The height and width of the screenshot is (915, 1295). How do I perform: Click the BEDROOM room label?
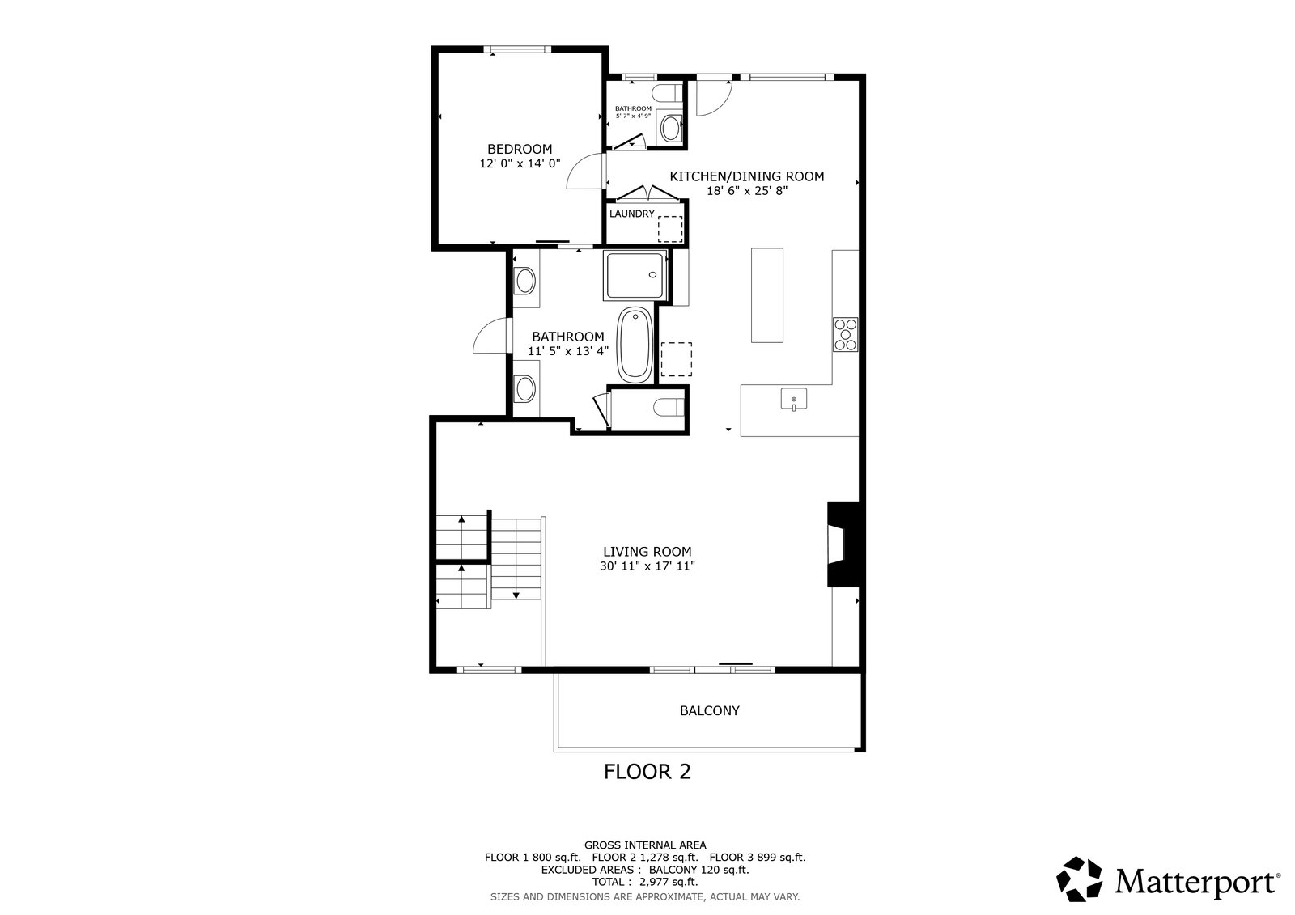tap(519, 149)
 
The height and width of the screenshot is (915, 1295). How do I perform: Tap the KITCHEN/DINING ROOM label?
tap(747, 176)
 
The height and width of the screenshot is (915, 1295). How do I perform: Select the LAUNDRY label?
tap(632, 214)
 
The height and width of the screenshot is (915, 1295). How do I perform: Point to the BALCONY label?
tap(709, 710)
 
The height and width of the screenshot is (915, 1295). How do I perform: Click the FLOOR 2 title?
tap(647, 772)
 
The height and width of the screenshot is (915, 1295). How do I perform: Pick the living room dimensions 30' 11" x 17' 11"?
tap(647, 566)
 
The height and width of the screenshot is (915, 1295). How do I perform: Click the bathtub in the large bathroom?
tap(635, 345)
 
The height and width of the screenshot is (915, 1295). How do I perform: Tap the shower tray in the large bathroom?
tap(635, 275)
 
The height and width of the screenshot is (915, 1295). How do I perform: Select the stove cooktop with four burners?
tap(845, 334)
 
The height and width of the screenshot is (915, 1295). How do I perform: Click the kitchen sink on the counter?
tap(794, 399)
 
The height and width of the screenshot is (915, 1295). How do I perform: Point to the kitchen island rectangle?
tap(767, 295)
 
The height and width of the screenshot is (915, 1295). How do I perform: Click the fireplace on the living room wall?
tap(843, 544)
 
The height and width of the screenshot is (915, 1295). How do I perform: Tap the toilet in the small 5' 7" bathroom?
tap(668, 93)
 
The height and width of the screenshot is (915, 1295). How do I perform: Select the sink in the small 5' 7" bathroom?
tap(671, 128)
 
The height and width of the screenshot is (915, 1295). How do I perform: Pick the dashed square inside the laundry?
tap(670, 229)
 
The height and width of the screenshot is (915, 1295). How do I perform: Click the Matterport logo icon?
tap(1079, 879)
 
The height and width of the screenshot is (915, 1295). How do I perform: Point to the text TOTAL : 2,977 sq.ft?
tap(645, 882)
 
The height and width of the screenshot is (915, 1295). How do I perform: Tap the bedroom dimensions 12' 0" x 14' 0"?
tap(520, 163)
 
